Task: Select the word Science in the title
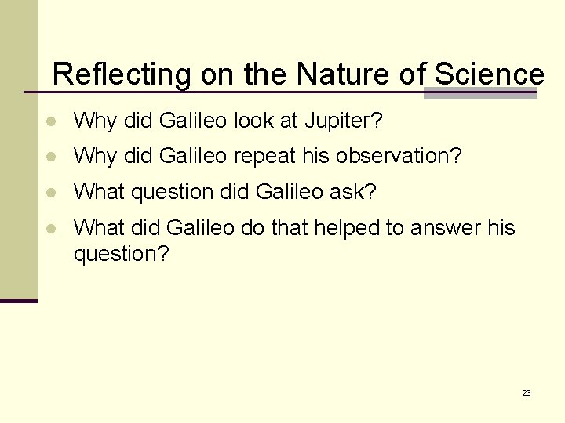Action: pyautogui.click(x=488, y=75)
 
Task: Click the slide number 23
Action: pyautogui.click(x=526, y=392)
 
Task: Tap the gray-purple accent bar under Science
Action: pyautogui.click(x=479, y=93)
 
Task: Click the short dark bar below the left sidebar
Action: pyautogui.click(x=18, y=301)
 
